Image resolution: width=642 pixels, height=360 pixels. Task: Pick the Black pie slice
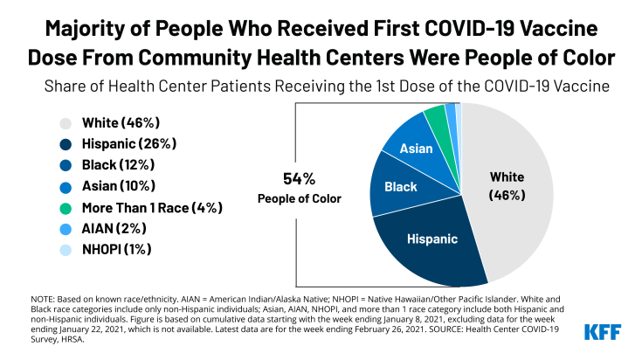pos(397,186)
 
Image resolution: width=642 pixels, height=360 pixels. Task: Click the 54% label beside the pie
pos(300,178)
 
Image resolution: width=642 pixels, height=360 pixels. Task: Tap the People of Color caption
pos(300,198)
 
